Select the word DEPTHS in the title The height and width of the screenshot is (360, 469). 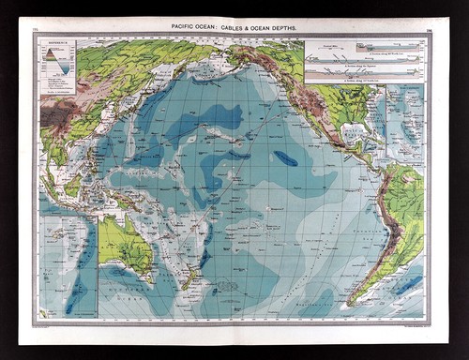(287, 30)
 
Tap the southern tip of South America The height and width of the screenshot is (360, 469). (357, 302)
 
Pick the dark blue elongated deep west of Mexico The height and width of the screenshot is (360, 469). (286, 158)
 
